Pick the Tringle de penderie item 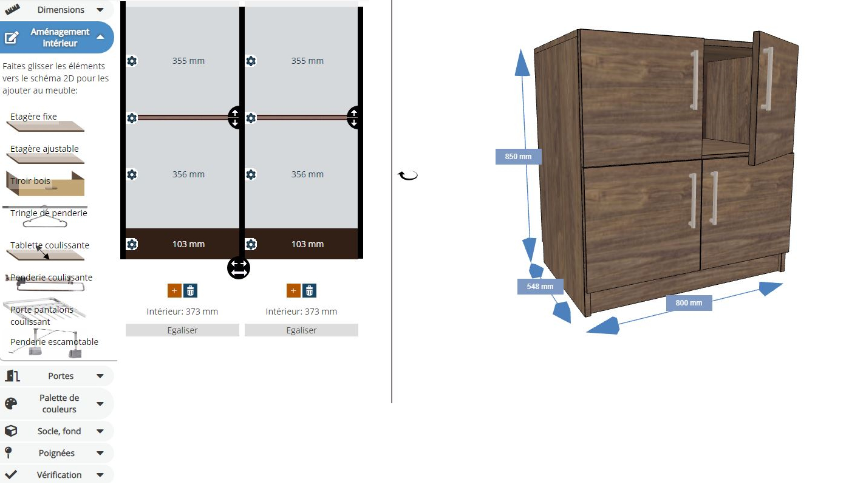pyautogui.click(x=46, y=216)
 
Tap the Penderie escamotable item pyautogui.click(x=52, y=343)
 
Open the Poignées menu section pyautogui.click(x=56, y=453)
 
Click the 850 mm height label pyautogui.click(x=518, y=157)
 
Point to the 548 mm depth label pyautogui.click(x=540, y=286)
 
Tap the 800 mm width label pyautogui.click(x=689, y=302)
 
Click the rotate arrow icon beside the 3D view pyautogui.click(x=408, y=176)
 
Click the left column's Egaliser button pyautogui.click(x=182, y=330)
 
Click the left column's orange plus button pyautogui.click(x=174, y=291)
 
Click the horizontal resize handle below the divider pyautogui.click(x=239, y=268)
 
